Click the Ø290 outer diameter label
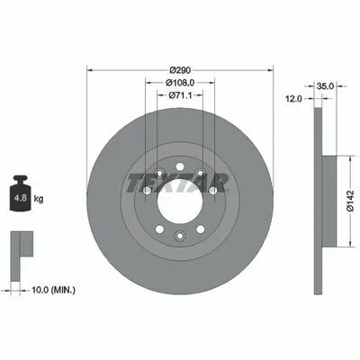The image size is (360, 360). click(x=180, y=70)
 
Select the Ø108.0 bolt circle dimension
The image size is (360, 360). click(x=180, y=82)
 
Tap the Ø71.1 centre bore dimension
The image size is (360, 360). click(x=180, y=95)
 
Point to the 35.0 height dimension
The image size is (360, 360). click(x=325, y=86)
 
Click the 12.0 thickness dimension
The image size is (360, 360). click(x=293, y=99)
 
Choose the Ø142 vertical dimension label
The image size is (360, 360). click(x=350, y=202)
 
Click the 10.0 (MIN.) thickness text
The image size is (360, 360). click(x=53, y=290)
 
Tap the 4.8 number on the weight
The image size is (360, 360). click(x=21, y=198)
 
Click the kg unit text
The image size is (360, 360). click(x=39, y=199)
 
